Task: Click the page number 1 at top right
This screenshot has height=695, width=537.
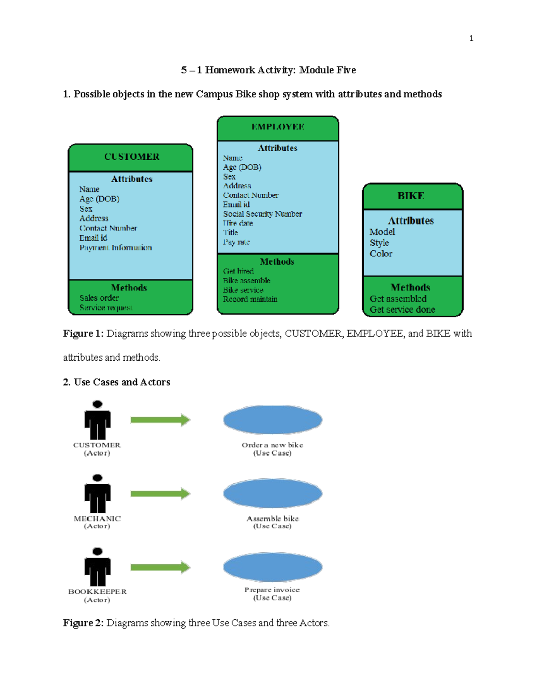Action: [x=471, y=38]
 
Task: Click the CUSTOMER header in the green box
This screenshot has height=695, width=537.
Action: [x=132, y=157]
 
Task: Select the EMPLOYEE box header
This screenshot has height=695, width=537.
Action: [x=277, y=127]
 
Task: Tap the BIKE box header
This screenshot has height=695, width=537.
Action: [x=411, y=196]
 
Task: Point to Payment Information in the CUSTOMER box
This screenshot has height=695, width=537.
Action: [x=115, y=247]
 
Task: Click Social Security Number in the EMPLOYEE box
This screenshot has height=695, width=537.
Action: [x=262, y=214]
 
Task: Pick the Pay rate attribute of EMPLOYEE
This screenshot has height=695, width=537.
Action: [x=236, y=242]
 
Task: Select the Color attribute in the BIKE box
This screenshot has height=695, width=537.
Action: [x=381, y=254]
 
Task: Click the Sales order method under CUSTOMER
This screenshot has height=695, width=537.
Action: [x=99, y=298]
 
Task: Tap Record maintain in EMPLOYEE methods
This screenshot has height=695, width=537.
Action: [x=250, y=299]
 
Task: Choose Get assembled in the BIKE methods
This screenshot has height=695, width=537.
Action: [x=398, y=299]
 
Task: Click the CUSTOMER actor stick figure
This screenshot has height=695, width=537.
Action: [x=97, y=420]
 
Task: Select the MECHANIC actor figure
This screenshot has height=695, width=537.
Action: [x=97, y=494]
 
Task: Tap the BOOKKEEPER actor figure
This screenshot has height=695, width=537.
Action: [x=97, y=567]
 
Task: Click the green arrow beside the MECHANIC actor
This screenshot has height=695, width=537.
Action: [x=160, y=494]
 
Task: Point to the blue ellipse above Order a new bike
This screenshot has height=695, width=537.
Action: [x=273, y=420]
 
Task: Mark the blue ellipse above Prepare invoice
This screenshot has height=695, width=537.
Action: [x=273, y=567]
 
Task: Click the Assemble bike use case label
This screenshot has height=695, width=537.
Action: [x=273, y=519]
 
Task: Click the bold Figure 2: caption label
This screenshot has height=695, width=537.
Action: [x=83, y=623]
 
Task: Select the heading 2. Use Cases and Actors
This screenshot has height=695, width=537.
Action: [x=117, y=382]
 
